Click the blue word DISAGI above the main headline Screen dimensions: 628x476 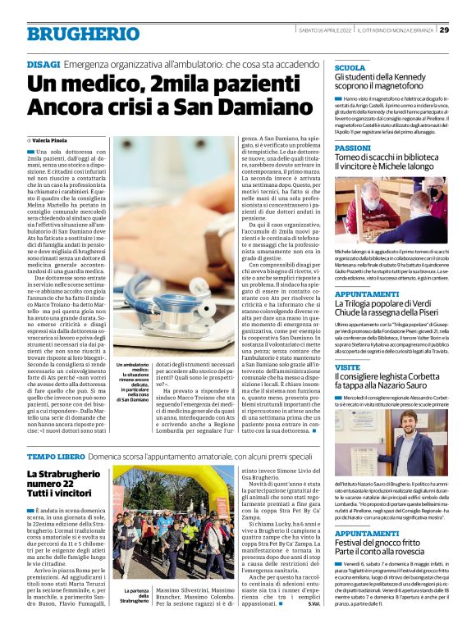(43, 63)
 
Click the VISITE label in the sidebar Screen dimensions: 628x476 (347, 368)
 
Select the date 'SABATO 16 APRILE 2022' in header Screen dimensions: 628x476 (324, 30)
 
